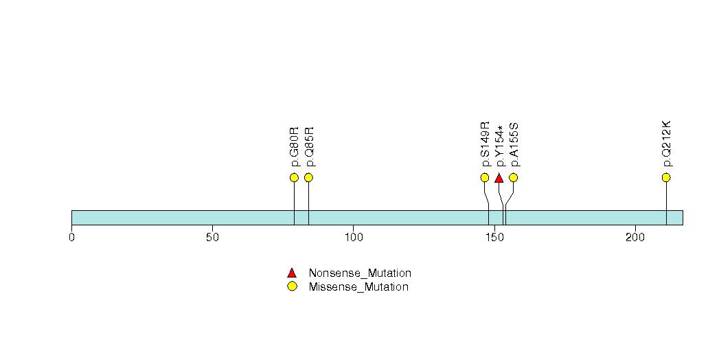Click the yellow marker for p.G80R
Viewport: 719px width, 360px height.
pyautogui.click(x=294, y=178)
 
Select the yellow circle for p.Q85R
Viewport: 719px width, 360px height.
pyautogui.click(x=308, y=178)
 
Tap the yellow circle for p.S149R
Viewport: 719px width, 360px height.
pyautogui.click(x=485, y=178)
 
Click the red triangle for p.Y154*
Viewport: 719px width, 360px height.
pyautogui.click(x=499, y=178)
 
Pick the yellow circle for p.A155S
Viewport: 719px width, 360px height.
pyautogui.click(x=513, y=178)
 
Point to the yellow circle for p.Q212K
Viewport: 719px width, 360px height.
pyautogui.click(x=666, y=178)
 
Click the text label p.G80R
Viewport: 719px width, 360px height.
pyautogui.click(x=295, y=146)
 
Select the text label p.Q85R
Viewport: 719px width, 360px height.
pyautogui.click(x=309, y=146)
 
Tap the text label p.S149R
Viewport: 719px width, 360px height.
pyautogui.click(x=486, y=144)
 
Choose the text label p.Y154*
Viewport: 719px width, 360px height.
pyautogui.click(x=500, y=146)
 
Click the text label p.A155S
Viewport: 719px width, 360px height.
pyautogui.click(x=514, y=144)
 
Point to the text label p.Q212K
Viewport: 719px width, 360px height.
pyautogui.click(x=667, y=144)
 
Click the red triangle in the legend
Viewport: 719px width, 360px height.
pyautogui.click(x=292, y=273)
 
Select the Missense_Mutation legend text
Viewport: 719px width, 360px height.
pyautogui.click(x=358, y=287)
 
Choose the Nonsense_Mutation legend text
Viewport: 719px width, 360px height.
pyautogui.click(x=360, y=273)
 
